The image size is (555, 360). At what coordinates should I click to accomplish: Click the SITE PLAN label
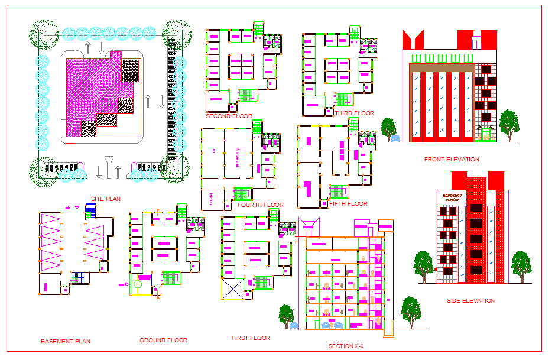106,199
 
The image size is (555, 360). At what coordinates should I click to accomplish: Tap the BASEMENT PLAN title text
66,342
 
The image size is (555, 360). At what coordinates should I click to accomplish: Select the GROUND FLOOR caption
163,340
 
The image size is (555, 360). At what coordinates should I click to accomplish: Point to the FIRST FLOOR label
251,338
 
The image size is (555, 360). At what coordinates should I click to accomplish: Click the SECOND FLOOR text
229,116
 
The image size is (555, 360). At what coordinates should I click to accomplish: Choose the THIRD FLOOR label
354,113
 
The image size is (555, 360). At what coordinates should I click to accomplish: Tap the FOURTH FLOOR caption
261,205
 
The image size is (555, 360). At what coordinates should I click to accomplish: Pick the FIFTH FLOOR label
348,204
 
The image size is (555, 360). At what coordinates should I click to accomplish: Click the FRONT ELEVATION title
452,160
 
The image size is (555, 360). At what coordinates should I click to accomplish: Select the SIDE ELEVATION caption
470,301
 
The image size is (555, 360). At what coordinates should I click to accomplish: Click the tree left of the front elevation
388,128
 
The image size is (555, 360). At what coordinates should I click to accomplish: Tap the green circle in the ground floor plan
138,284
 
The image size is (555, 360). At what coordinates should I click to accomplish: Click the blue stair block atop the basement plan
90,210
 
